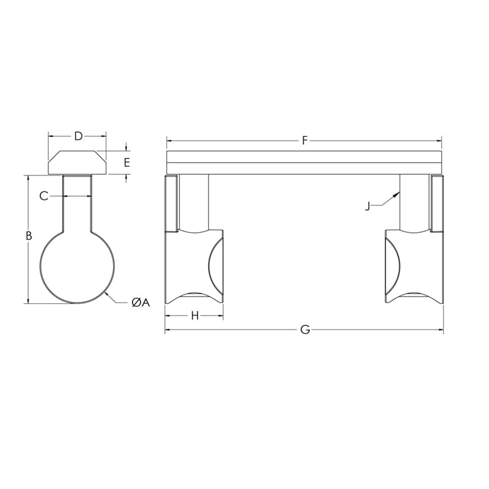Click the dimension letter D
(78, 136)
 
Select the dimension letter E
(127, 163)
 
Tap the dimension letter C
(43, 196)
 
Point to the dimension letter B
(28, 235)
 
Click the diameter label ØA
(140, 302)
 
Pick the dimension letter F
(304, 141)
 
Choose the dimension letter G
(305, 330)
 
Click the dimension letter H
(195, 315)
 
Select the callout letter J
(367, 206)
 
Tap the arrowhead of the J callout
(399, 193)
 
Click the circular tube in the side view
(77, 267)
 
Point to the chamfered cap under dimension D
(77, 163)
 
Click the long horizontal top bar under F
(304, 163)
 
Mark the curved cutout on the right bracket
(392, 266)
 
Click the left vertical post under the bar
(194, 202)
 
